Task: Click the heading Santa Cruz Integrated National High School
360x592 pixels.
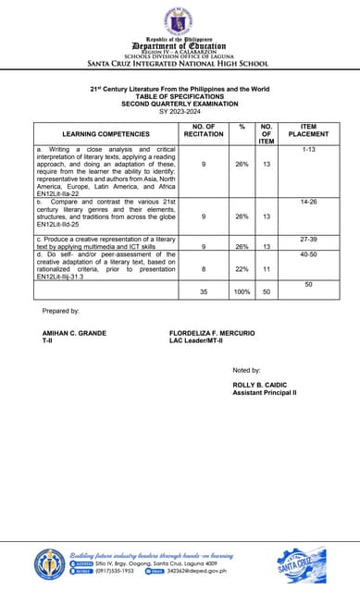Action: point(179,64)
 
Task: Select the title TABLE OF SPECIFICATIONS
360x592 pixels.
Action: point(179,96)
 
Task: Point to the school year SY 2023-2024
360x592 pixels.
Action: point(179,111)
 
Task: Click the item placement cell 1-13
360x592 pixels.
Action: point(308,149)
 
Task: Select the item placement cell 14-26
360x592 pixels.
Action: point(308,201)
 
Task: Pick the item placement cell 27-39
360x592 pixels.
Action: point(308,239)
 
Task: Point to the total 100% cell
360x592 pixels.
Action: point(242,291)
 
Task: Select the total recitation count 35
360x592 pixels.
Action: point(203,291)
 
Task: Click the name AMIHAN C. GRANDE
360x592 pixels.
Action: point(75,333)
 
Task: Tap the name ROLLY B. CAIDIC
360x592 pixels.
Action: point(261,385)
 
